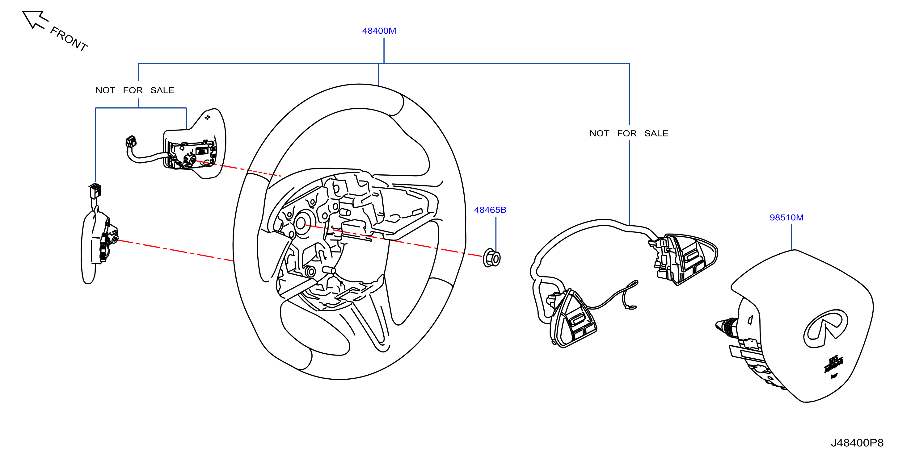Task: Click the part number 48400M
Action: click(x=379, y=31)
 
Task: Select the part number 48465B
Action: click(x=490, y=210)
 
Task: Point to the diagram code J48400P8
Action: click(x=857, y=443)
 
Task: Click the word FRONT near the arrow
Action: click(x=69, y=39)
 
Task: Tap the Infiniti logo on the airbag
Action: click(x=825, y=328)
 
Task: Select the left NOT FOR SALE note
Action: click(x=135, y=90)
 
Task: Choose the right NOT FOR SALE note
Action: click(x=629, y=133)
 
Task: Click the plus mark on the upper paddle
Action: click(x=207, y=117)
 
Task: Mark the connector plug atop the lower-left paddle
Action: click(x=95, y=191)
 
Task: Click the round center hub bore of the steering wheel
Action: click(x=301, y=223)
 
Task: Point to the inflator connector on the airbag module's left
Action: click(x=726, y=326)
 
